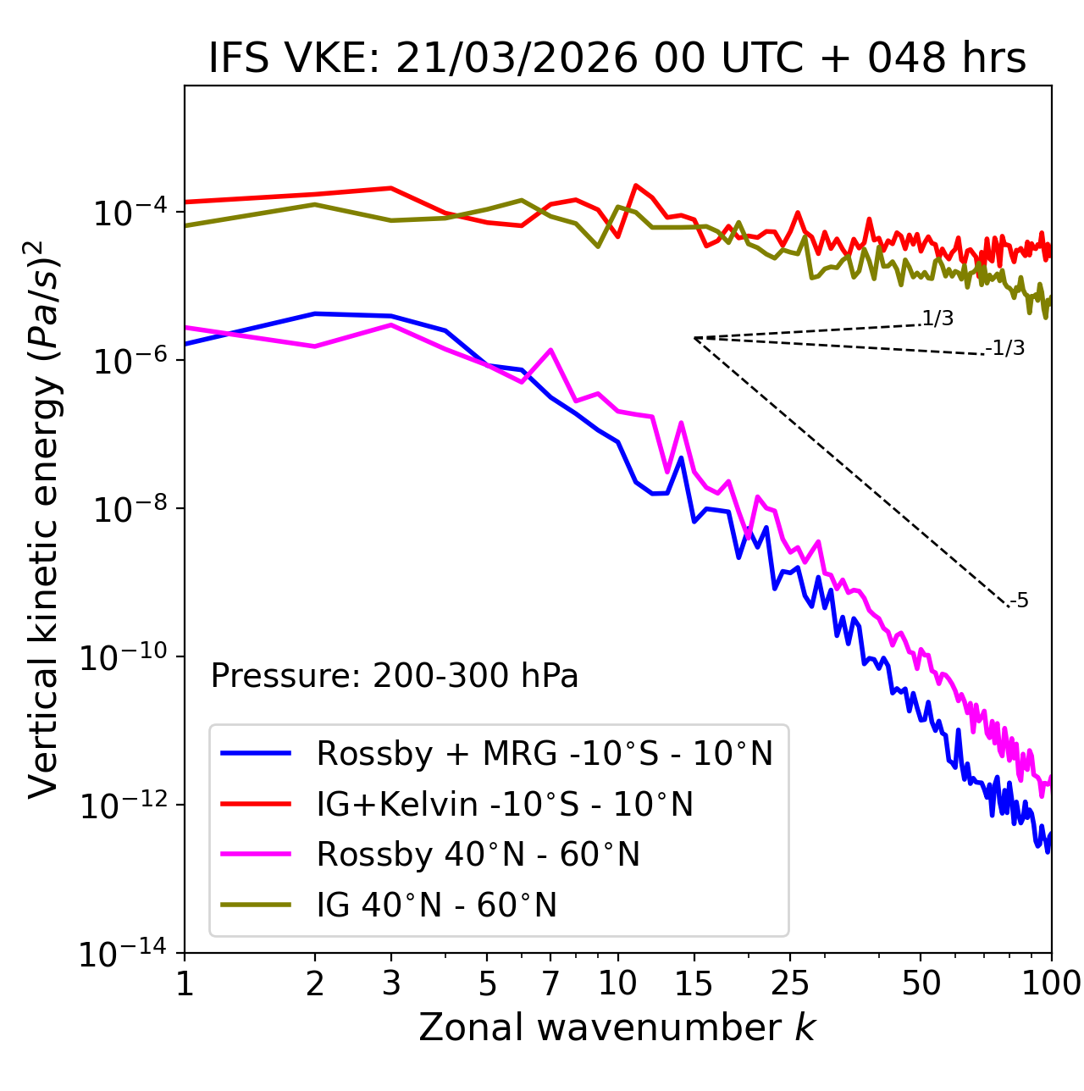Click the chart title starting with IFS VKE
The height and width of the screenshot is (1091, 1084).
617,59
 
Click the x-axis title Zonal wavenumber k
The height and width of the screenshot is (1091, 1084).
617,1027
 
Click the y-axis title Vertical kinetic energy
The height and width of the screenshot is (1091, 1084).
44,518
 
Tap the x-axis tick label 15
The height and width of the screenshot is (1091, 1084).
694,983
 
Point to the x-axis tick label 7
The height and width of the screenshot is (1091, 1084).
550,983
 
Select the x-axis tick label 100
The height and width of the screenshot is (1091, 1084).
1050,983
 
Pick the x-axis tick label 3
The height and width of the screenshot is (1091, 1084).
391,983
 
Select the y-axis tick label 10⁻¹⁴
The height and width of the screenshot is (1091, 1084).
123,954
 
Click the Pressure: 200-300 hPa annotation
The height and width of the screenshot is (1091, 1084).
395,676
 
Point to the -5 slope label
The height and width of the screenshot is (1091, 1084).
1019,601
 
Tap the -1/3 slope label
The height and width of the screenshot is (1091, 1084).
1006,348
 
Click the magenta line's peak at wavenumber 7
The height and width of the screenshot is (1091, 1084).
550,350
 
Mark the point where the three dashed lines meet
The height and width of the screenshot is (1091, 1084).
694,338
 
